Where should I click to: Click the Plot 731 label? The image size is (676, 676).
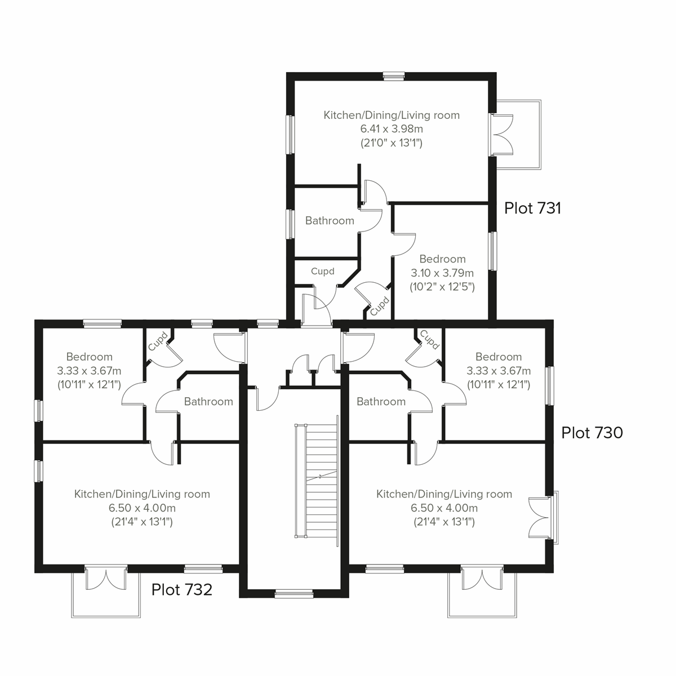tap(532, 208)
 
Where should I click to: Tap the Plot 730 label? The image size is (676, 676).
tap(592, 433)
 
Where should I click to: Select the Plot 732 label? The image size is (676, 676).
tap(182, 590)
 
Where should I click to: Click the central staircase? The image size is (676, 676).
tap(315, 482)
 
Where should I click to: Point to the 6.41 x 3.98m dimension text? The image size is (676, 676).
tap(392, 129)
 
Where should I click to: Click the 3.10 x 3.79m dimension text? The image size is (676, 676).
tap(442, 273)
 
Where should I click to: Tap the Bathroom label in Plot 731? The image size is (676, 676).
tap(330, 221)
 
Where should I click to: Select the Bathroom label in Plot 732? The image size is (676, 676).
tap(208, 402)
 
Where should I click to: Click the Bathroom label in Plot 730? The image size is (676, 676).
tap(381, 402)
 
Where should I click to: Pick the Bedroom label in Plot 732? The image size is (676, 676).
tap(89, 357)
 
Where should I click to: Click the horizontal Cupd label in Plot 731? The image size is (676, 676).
tap(323, 272)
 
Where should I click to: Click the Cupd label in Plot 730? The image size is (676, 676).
tap(429, 340)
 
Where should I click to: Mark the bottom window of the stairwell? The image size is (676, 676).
tap(293, 593)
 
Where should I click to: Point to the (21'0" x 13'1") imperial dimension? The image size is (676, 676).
tap(392, 143)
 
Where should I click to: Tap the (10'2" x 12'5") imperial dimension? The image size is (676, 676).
tap(442, 287)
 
